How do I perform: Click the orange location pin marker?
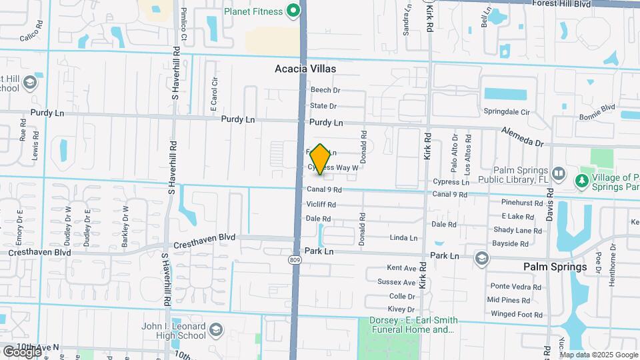coord(320,159)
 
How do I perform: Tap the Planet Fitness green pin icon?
coord(292,10)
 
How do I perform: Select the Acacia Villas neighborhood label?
coord(305,69)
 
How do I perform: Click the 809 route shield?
coord(296,259)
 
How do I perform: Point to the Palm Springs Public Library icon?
coord(559,175)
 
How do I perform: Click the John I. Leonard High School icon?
coord(215,330)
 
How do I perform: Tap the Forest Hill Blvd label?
coord(561,4)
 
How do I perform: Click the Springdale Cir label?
coord(506,112)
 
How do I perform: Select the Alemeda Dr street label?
coord(523,137)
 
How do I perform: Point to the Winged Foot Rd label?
coord(516,314)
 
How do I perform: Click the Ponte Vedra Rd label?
coord(519,287)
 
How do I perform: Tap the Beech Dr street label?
coord(325,90)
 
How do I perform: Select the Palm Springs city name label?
coord(555,267)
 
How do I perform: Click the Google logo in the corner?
coord(22,351)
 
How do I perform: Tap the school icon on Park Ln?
coord(481,257)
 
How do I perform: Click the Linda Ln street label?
coord(403,237)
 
